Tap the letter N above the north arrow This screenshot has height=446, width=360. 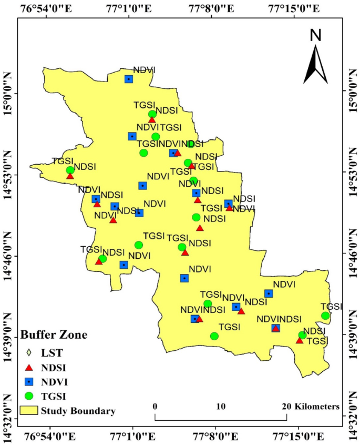[315, 35]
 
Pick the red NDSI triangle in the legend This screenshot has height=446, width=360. [29, 367]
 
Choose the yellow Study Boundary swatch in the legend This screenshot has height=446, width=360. [29, 409]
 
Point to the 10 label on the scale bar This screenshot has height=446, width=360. [221, 407]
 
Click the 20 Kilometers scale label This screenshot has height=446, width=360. [311, 407]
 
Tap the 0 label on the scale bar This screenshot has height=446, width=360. [156, 407]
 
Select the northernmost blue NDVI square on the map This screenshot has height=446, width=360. [129, 79]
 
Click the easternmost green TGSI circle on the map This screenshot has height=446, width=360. [325, 316]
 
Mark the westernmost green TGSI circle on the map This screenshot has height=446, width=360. [70, 170]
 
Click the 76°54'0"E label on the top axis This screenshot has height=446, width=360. [49, 8]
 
